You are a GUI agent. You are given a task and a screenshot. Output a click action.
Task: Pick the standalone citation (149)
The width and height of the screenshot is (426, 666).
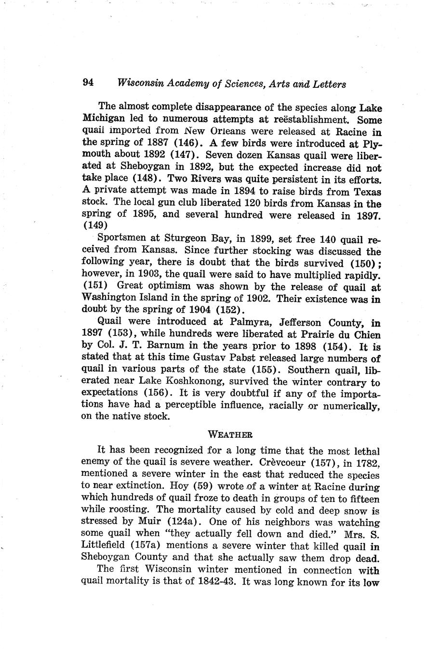click(x=95, y=225)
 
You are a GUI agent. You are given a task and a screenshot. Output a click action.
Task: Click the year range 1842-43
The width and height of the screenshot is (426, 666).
click(x=216, y=581)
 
